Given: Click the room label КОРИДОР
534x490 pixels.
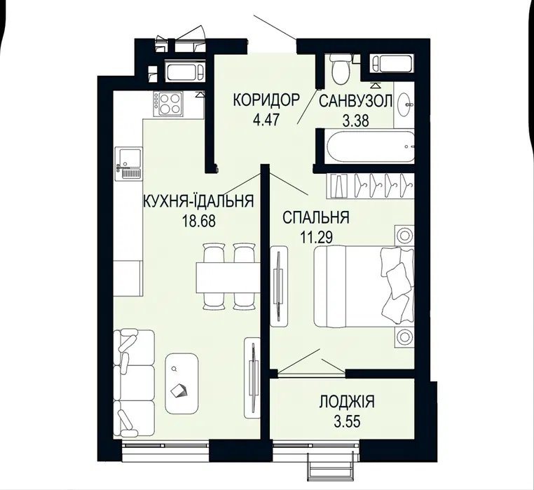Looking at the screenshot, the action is [x=266, y=100].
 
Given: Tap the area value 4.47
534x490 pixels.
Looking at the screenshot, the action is [x=266, y=120].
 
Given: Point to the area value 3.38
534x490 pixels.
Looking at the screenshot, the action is [x=356, y=121].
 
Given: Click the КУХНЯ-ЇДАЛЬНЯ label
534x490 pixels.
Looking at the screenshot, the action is [x=199, y=201].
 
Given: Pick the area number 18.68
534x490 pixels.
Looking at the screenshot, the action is [x=199, y=222].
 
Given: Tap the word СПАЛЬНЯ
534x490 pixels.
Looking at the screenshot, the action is [x=315, y=217].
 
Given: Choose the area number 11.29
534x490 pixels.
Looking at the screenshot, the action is [x=316, y=238].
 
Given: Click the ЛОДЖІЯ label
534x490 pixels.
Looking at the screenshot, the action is [x=347, y=402].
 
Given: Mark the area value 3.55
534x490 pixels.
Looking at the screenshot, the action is [x=347, y=422].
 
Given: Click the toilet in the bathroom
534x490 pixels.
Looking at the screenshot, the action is [x=341, y=69].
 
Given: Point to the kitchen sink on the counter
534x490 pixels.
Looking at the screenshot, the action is [x=128, y=163].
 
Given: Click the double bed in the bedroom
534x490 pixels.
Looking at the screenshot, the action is [x=364, y=286].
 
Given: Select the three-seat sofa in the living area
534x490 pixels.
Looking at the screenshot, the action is [x=134, y=383].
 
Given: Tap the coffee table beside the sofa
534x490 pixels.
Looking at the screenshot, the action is [x=182, y=383].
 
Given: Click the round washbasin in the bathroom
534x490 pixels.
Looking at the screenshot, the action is [x=404, y=105].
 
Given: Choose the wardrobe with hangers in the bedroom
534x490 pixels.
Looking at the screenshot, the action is [x=371, y=186].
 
